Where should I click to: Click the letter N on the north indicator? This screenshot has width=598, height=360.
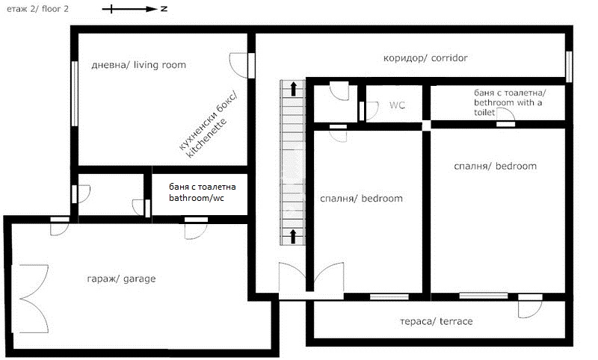(164, 8)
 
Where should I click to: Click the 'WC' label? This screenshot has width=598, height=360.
(397, 105)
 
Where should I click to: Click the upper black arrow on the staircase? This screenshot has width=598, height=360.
(293, 88)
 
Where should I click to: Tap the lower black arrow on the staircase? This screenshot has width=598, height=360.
(293, 236)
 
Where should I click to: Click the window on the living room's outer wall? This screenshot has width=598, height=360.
(75, 93)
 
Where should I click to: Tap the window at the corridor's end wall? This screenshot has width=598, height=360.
(569, 66)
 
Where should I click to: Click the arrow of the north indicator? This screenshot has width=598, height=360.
(130, 9)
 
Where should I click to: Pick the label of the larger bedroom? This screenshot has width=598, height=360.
(495, 166)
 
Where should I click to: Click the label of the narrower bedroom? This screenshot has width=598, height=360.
(361, 199)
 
